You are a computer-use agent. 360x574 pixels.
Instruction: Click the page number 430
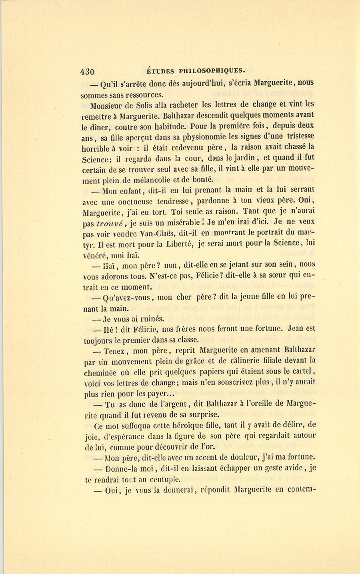[x=88, y=72]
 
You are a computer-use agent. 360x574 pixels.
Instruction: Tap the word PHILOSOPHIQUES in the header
[x=211, y=71]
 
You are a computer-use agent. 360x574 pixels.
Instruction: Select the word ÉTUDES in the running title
[x=160, y=71]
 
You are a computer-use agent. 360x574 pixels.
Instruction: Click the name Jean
[x=296, y=329]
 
